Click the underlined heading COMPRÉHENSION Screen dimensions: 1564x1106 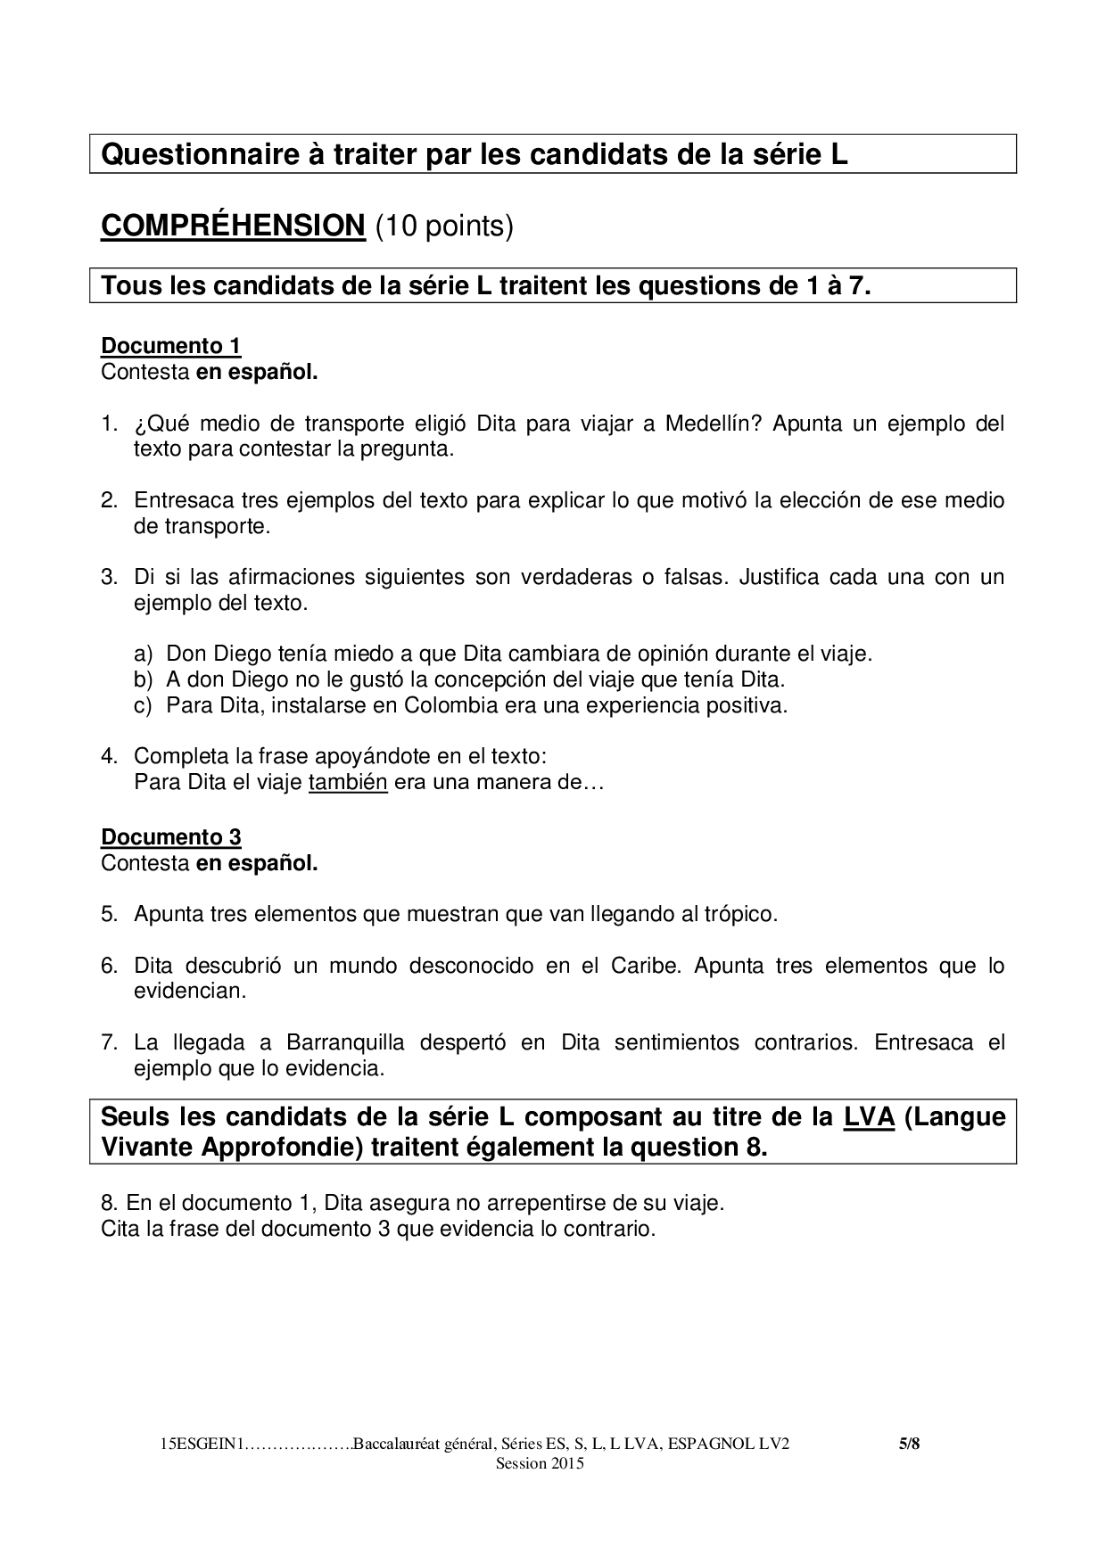coord(233,226)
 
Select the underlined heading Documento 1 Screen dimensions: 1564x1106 coord(171,346)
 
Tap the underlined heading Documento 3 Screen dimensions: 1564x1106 coord(171,837)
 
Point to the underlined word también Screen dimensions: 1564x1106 coord(348,783)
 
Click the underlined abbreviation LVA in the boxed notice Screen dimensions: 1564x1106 coord(869,1117)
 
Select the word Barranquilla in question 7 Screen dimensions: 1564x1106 coord(345,1042)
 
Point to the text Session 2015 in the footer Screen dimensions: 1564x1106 coord(540,1464)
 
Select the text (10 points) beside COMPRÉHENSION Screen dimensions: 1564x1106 coord(443,226)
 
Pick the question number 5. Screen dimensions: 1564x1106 coord(109,915)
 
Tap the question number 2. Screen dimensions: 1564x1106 coord(109,500)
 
